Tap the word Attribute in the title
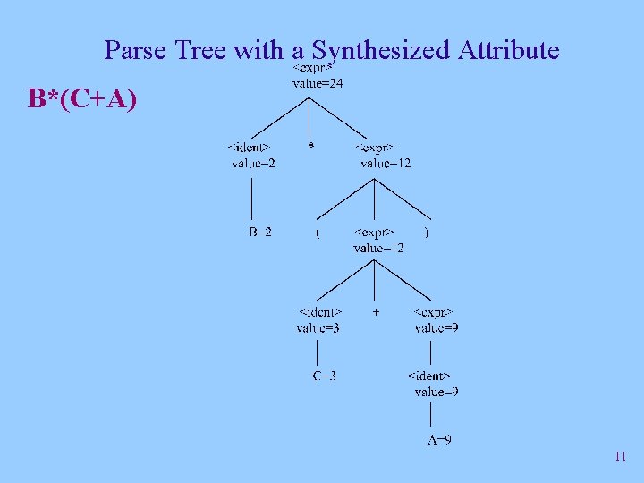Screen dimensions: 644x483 click(x=508, y=50)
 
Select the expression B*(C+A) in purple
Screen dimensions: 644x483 click(x=82, y=98)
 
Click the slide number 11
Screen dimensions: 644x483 click(x=621, y=457)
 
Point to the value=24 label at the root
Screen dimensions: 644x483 click(x=318, y=84)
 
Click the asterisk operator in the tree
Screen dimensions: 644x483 click(x=310, y=146)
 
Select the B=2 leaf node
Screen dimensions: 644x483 click(x=260, y=233)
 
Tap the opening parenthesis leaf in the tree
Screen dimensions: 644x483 click(x=317, y=233)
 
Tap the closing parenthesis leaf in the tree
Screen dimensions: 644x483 click(x=426, y=233)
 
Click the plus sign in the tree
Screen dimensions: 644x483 click(x=376, y=312)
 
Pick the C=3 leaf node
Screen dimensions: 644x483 click(x=325, y=376)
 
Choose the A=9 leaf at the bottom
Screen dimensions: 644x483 click(x=438, y=439)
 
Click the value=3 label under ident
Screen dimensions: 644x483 click(x=318, y=328)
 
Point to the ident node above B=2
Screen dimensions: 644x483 click(x=250, y=147)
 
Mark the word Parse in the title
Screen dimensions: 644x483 click(x=136, y=50)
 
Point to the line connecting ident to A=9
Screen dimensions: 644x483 click(x=432, y=415)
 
